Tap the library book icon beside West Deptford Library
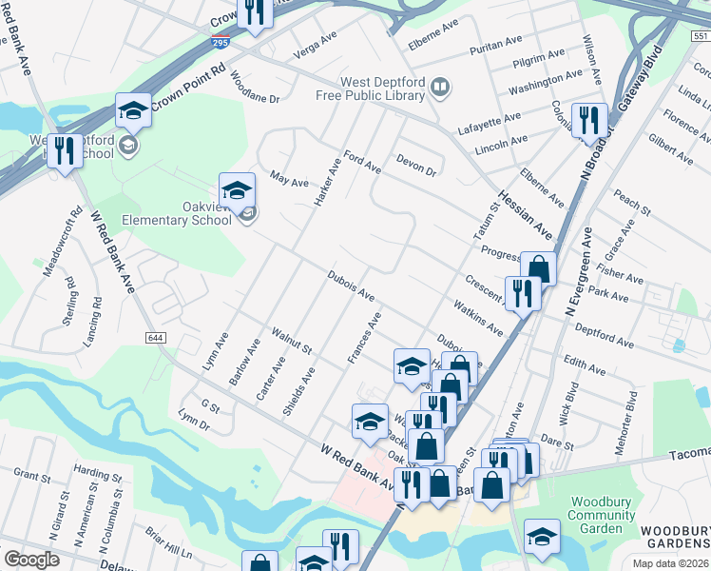point(439,89)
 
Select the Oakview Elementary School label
point(177,212)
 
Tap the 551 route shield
point(700,35)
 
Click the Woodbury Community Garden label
point(602,515)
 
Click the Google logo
point(31,560)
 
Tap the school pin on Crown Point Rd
point(133,112)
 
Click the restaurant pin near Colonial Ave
point(588,119)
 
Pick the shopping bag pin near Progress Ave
point(538,268)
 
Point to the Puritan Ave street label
point(501,42)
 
